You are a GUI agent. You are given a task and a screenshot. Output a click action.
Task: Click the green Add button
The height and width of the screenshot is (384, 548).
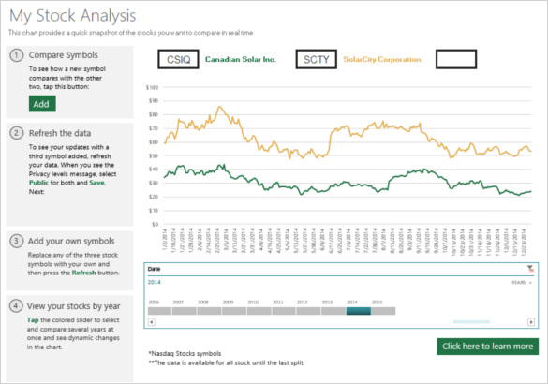pyautogui.click(x=41, y=104)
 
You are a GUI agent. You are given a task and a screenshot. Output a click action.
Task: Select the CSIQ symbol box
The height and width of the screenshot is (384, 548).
pyautogui.click(x=178, y=59)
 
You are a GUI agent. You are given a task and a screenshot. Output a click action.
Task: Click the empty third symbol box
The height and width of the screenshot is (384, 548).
pyautogui.click(x=458, y=59)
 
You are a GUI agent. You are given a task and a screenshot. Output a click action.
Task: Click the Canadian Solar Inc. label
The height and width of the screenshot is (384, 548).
pyautogui.click(x=241, y=59)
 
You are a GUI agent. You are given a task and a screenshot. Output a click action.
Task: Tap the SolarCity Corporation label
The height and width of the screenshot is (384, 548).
pyautogui.click(x=382, y=59)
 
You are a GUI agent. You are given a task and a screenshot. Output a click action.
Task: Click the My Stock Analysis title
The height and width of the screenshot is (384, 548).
pyautogui.click(x=72, y=16)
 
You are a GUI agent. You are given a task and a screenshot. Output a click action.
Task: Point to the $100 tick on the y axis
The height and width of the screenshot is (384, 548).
pyautogui.click(x=152, y=86)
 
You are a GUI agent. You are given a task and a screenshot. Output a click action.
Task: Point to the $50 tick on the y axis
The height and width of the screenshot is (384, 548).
pyautogui.click(x=153, y=155)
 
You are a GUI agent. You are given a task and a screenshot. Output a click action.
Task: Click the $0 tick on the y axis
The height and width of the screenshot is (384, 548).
pyautogui.click(x=155, y=224)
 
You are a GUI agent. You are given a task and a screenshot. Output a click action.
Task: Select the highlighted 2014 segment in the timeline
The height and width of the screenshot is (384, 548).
pyautogui.click(x=358, y=311)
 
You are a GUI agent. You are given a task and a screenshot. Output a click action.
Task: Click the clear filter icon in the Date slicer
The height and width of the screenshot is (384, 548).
pyautogui.click(x=530, y=269)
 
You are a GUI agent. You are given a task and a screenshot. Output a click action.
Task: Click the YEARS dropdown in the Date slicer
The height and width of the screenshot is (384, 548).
pyautogui.click(x=522, y=281)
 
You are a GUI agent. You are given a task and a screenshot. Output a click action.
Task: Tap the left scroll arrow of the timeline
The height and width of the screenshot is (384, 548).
pyautogui.click(x=152, y=322)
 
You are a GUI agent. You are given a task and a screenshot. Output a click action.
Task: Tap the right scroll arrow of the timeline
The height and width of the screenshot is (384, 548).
pyautogui.click(x=532, y=322)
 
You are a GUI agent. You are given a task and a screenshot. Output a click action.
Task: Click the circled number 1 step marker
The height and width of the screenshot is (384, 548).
pyautogui.click(x=16, y=55)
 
